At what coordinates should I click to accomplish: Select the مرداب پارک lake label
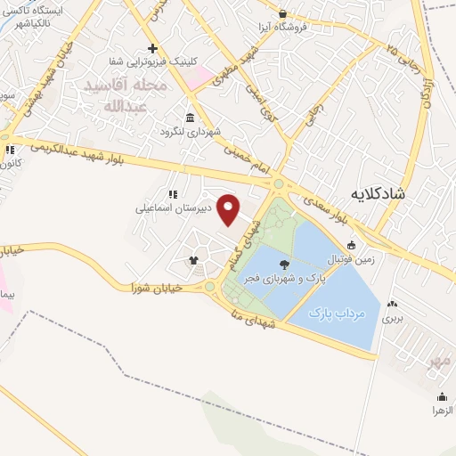click(x=335, y=313)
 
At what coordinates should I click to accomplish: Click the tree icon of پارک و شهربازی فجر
click(x=283, y=264)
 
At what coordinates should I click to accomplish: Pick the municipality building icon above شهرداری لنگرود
click(x=190, y=118)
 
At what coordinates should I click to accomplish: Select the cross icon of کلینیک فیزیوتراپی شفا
click(x=152, y=48)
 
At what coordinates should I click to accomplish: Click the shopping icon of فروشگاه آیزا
click(x=283, y=14)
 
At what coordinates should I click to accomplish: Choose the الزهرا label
click(x=443, y=411)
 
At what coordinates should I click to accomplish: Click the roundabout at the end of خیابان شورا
click(x=211, y=287)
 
